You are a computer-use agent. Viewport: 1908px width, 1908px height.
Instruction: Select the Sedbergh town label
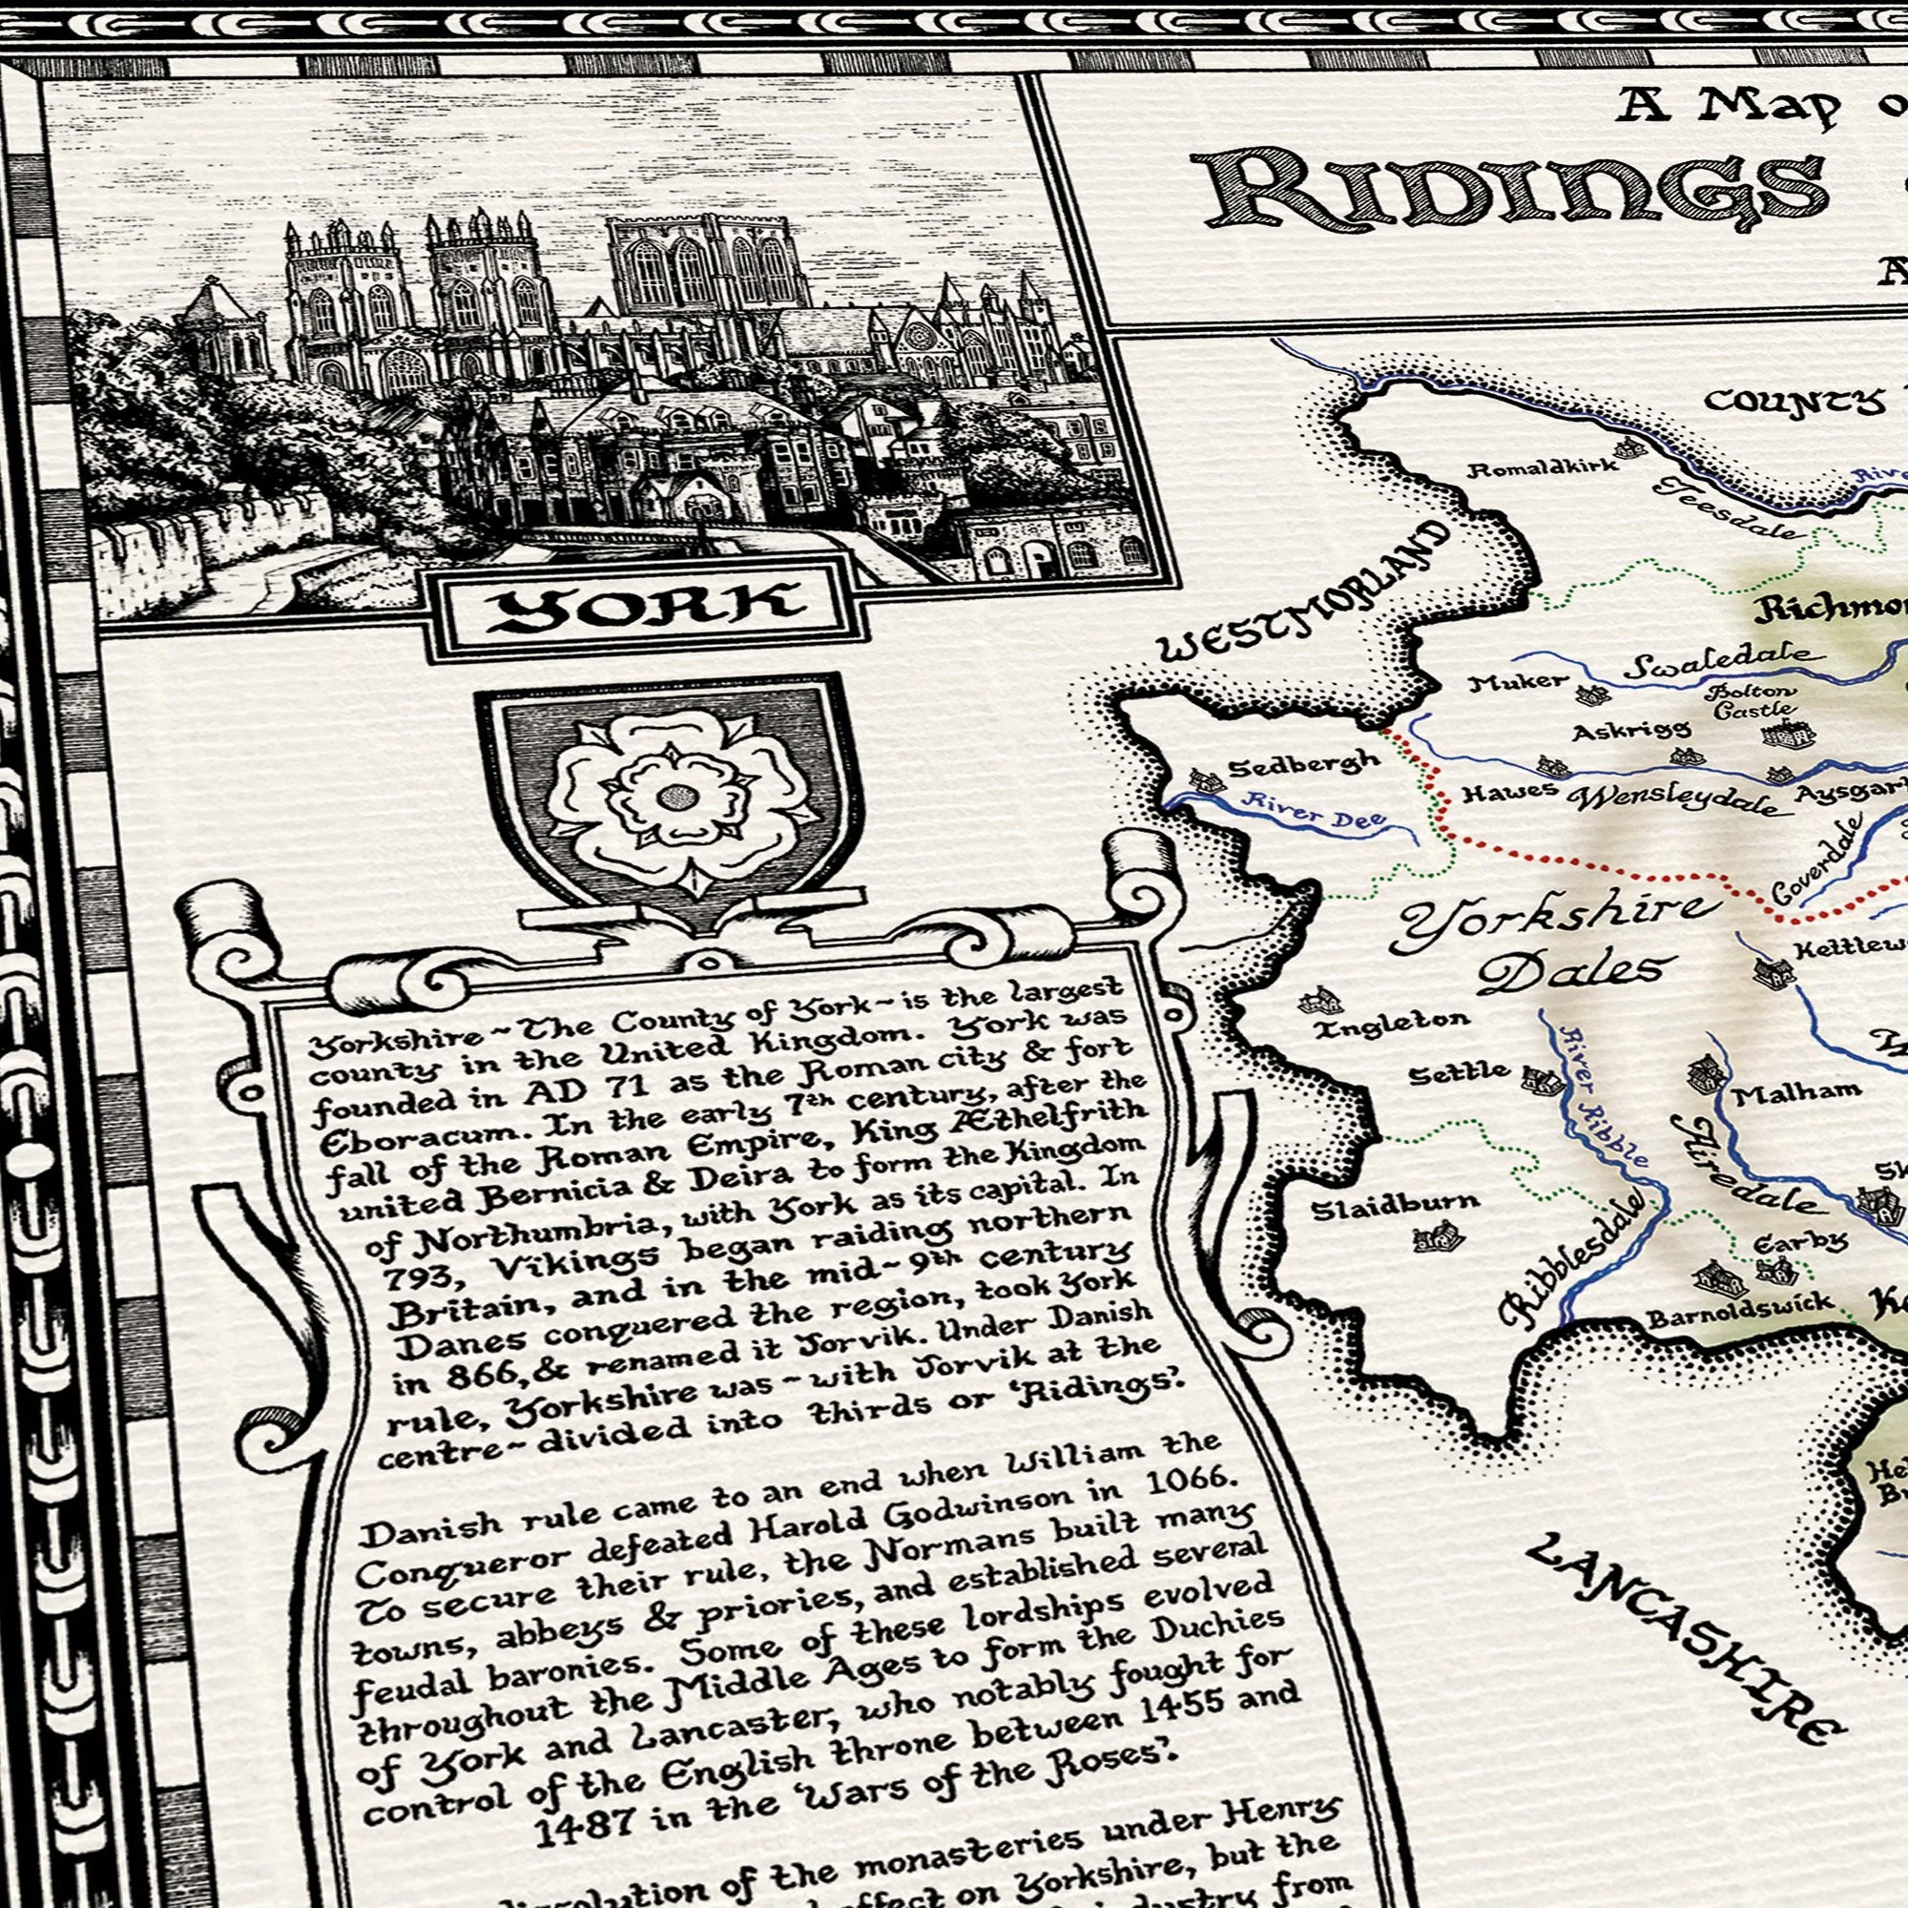1303,765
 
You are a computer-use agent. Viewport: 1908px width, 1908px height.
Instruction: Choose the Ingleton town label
1391,1024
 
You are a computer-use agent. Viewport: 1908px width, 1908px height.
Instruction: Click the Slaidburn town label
1396,1205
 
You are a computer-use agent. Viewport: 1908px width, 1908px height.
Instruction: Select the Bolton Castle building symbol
1789,735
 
